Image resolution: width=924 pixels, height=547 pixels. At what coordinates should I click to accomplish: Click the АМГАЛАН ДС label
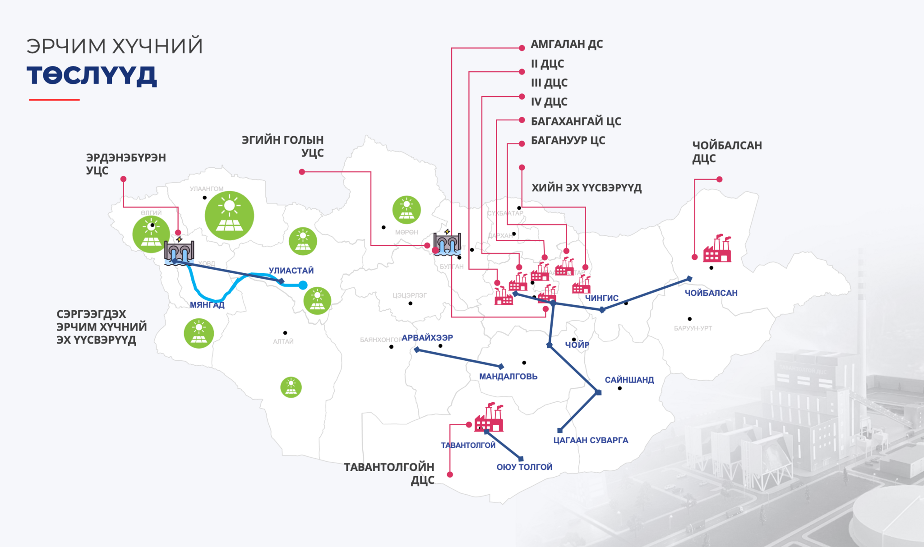[566, 44]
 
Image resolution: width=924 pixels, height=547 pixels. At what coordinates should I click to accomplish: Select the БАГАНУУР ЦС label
[568, 141]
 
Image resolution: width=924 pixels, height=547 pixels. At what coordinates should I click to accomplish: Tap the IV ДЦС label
[549, 102]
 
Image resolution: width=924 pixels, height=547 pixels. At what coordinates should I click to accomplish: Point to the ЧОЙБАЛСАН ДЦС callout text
[726, 152]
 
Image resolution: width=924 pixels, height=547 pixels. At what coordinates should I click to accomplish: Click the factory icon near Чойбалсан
[717, 248]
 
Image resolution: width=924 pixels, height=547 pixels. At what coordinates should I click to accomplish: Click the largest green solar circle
[229, 216]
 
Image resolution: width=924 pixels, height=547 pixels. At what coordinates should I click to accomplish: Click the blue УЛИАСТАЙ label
[291, 271]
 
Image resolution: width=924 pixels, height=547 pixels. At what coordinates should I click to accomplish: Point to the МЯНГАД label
[207, 305]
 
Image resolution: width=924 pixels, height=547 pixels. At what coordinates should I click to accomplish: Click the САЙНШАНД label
[629, 380]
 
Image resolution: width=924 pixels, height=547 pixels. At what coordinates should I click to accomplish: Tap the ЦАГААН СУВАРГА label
[591, 440]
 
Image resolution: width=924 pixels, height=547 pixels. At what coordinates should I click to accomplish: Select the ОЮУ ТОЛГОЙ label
[524, 467]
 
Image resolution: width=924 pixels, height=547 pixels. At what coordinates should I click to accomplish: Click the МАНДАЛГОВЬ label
[508, 377]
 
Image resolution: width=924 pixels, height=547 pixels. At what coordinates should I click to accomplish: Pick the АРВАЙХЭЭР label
[427, 338]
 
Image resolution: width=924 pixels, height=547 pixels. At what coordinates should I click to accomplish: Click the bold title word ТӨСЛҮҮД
[92, 75]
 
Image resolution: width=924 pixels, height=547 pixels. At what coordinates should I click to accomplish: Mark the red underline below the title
[54, 100]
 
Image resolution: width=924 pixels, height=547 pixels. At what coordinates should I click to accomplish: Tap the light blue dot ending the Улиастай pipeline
[303, 285]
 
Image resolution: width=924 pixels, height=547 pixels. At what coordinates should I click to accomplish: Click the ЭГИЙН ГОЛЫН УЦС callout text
[283, 146]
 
